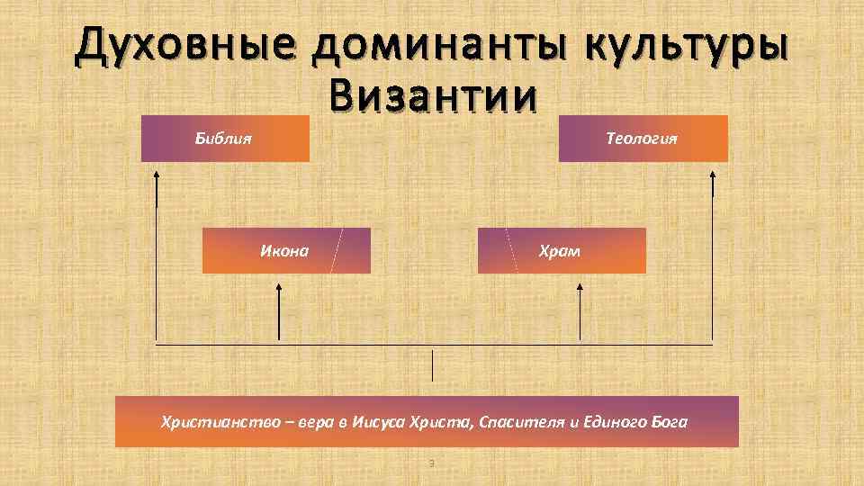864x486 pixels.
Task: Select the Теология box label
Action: [x=642, y=139]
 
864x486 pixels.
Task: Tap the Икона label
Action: [x=284, y=250]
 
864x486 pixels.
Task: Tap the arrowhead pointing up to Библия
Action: [x=157, y=175]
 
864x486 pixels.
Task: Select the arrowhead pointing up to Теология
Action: [x=713, y=175]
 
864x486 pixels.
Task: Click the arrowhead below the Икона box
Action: [x=279, y=290]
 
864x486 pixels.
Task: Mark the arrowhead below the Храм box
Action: [x=579, y=290]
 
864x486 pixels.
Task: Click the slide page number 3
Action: [x=432, y=463]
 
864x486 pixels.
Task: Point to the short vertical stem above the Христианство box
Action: [x=433, y=365]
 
